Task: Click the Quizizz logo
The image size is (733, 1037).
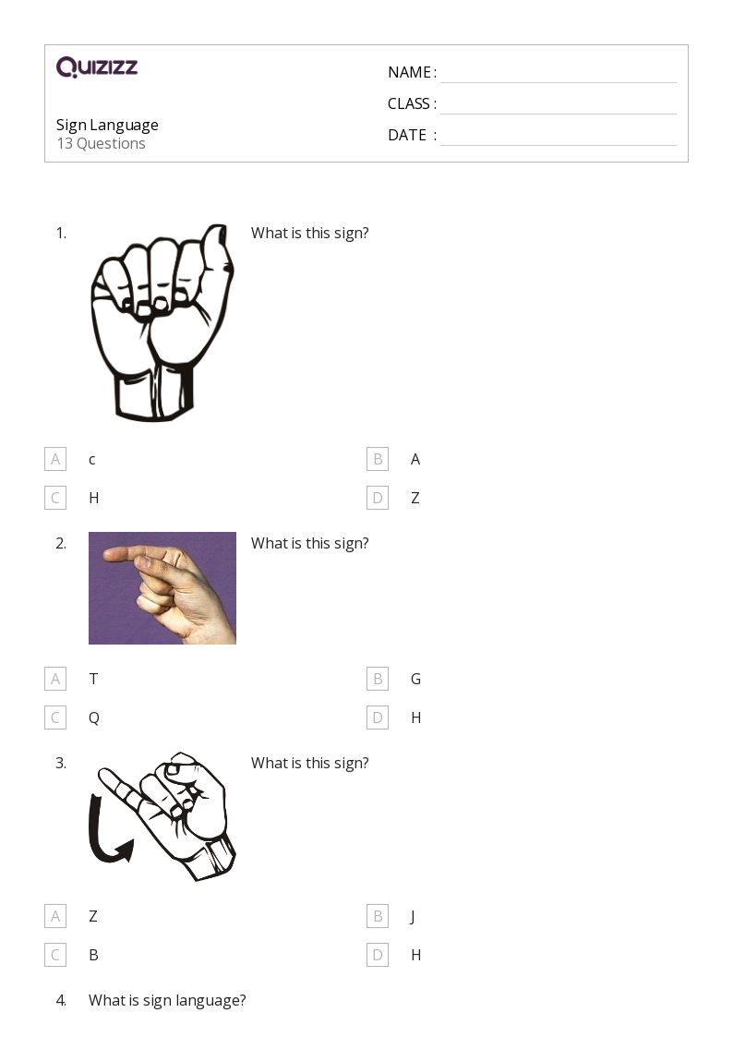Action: tap(97, 66)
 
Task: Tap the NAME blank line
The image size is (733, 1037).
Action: tap(559, 83)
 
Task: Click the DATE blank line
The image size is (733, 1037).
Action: tap(559, 145)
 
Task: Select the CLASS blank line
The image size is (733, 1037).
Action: tap(559, 114)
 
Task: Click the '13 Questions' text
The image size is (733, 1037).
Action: tap(102, 143)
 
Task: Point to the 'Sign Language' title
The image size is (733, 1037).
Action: tap(107, 126)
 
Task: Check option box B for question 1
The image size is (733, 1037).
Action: tap(378, 459)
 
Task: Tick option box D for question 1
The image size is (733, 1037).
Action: tap(378, 498)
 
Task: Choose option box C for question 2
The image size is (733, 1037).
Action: tap(55, 717)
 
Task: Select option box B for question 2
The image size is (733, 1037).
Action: tap(378, 679)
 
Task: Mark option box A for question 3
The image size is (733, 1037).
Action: tap(55, 916)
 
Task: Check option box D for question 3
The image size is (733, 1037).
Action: tap(378, 955)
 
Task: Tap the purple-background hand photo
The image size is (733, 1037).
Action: tap(162, 588)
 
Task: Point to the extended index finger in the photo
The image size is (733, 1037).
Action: tap(132, 553)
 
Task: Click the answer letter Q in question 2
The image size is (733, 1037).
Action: tap(94, 718)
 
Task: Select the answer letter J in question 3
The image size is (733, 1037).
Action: tap(413, 917)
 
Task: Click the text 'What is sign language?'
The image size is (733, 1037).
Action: tap(167, 1001)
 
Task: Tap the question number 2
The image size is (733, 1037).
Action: tap(61, 544)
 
